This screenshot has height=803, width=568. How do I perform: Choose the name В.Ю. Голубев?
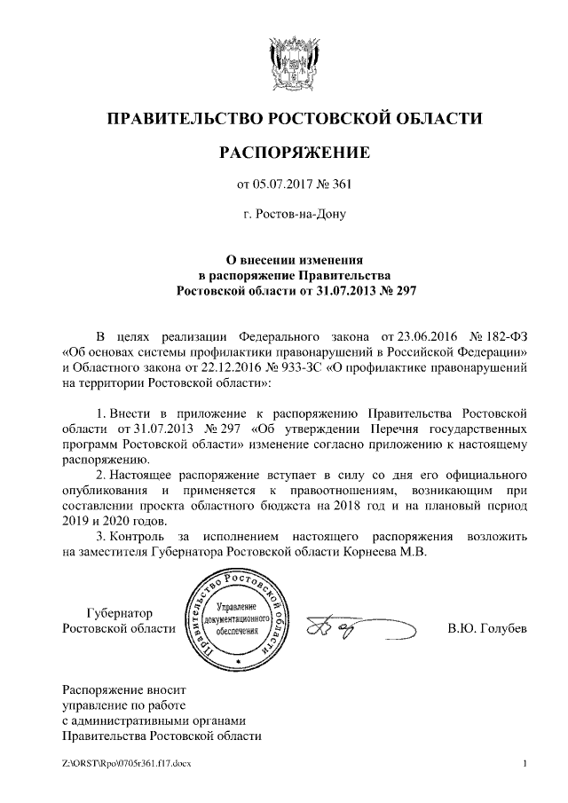point(486,629)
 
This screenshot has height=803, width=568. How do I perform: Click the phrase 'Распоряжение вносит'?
point(124,688)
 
